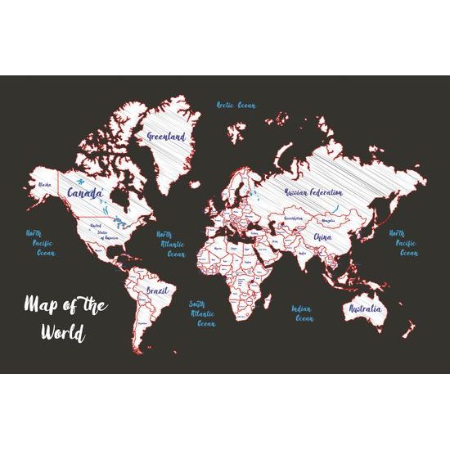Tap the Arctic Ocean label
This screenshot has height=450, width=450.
[x=236, y=106]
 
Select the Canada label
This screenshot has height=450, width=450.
[x=85, y=193]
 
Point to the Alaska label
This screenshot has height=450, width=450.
[x=45, y=186]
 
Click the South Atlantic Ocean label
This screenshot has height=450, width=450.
[x=202, y=313]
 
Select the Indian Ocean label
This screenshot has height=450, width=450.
[x=304, y=313]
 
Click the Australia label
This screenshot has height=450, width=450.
[x=364, y=310]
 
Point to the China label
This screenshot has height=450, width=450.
[x=322, y=237]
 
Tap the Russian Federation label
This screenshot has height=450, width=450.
[x=313, y=191]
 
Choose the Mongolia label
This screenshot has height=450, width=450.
[x=328, y=220]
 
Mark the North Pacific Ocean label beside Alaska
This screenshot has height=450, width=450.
[x=39, y=243]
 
